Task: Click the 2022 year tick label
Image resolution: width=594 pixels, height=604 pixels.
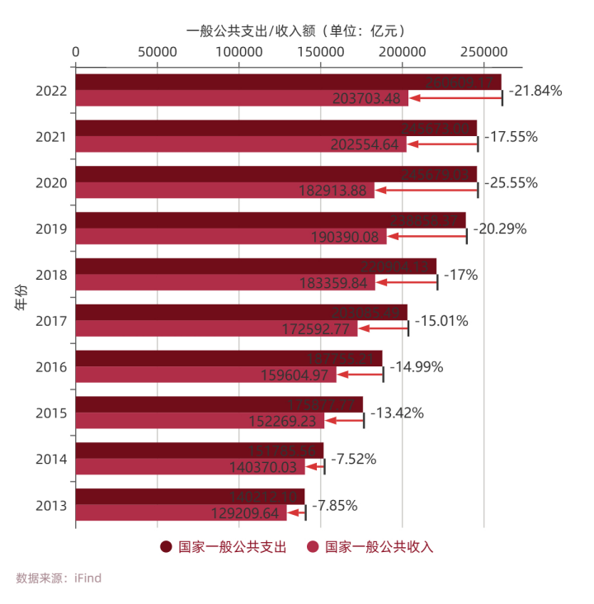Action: (x=51, y=91)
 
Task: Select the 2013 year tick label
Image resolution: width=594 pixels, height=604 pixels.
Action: (x=51, y=505)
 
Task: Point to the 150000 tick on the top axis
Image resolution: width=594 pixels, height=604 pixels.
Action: (x=321, y=51)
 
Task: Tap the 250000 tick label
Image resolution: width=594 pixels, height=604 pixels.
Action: (x=483, y=51)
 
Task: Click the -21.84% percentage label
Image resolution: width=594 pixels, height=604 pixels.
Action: (x=535, y=91)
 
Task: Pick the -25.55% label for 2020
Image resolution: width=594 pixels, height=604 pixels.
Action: (x=511, y=182)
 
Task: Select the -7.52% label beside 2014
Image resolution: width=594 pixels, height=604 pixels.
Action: (x=353, y=459)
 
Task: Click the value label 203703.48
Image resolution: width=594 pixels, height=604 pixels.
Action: (x=366, y=99)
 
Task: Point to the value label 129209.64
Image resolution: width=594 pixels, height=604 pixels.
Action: (x=245, y=513)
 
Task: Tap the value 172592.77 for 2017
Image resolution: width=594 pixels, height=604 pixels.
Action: (x=314, y=329)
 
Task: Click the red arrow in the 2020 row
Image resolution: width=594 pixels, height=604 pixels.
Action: (x=426, y=191)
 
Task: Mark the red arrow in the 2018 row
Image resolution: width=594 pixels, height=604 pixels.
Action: (x=407, y=283)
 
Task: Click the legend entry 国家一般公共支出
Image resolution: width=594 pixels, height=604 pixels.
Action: (x=224, y=546)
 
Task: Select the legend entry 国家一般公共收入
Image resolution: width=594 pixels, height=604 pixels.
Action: (x=370, y=546)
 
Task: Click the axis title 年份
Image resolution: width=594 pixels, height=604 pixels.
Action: (x=21, y=298)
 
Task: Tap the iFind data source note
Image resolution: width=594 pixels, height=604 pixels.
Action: (x=59, y=578)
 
